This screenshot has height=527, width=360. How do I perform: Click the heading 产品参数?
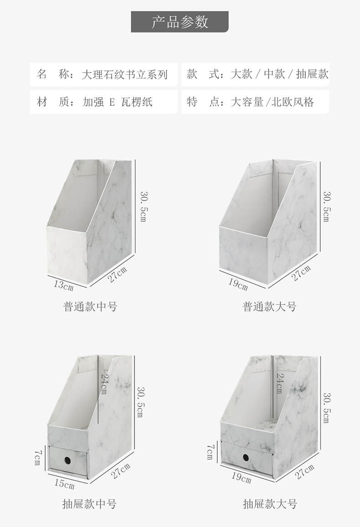(x=180, y=22)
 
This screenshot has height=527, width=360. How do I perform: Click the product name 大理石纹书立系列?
(x=124, y=74)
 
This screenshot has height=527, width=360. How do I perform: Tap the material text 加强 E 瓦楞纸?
(x=118, y=102)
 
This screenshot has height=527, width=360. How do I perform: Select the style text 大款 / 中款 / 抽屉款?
(x=279, y=74)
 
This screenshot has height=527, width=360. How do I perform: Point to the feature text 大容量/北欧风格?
(x=273, y=102)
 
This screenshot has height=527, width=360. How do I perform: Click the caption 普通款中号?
(x=90, y=307)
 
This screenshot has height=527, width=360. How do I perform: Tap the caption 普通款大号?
(x=269, y=307)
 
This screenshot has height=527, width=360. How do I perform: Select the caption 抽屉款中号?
(x=89, y=504)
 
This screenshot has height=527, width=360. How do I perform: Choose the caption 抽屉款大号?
(x=270, y=504)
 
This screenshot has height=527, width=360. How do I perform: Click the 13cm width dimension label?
(x=63, y=286)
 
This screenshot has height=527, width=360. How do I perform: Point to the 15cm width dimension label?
(x=64, y=484)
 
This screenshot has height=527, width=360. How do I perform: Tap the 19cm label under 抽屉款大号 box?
(x=241, y=479)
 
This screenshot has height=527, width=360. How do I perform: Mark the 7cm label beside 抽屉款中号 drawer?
(x=38, y=457)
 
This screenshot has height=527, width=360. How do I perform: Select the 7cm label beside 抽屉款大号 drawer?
(x=210, y=452)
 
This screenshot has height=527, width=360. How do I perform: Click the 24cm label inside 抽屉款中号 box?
(x=104, y=385)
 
